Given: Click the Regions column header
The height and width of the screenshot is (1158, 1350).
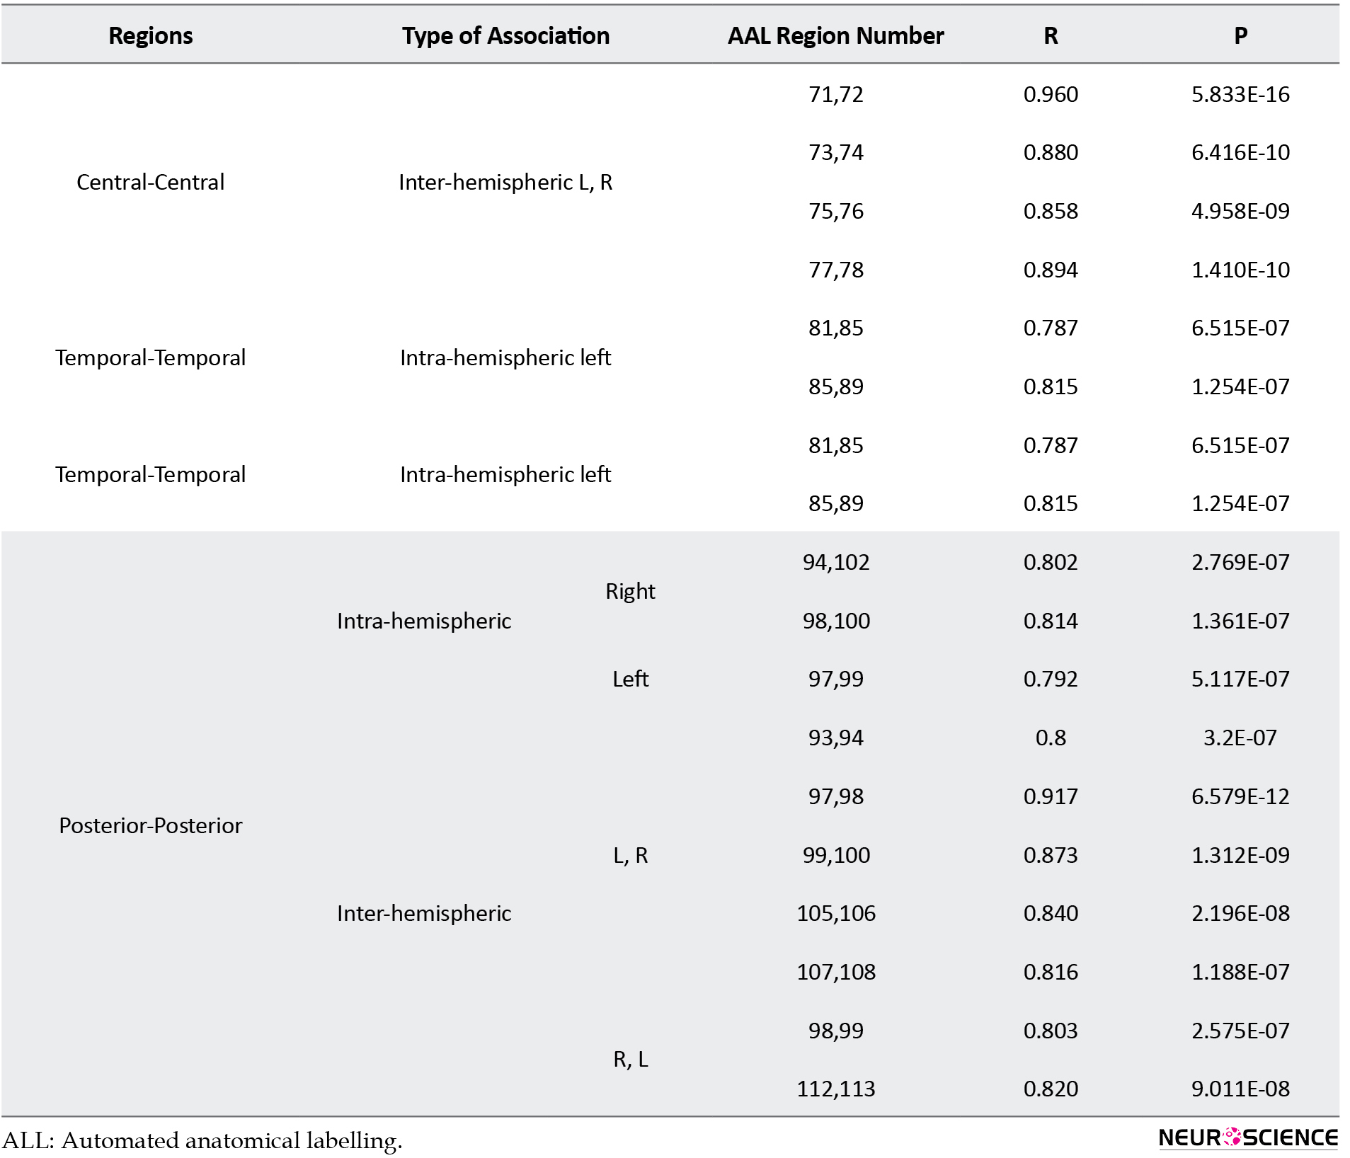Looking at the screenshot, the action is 150,35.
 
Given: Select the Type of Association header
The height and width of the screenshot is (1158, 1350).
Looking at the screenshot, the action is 505,35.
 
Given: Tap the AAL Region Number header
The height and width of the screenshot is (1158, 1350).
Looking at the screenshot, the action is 835,35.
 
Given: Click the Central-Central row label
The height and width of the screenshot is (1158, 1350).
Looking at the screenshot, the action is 150,182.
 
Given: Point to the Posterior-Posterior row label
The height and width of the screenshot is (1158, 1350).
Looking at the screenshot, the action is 150,825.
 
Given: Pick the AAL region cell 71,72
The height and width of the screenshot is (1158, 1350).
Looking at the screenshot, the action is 836,94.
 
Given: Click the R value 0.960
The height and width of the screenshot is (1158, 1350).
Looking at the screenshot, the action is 1051,94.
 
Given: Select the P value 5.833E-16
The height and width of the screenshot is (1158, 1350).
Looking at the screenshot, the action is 1240,94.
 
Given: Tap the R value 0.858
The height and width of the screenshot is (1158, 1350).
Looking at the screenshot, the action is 1051,211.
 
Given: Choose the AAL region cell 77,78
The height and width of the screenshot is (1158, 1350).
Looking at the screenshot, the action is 836,270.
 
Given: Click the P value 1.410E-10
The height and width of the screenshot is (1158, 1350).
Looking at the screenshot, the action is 1240,270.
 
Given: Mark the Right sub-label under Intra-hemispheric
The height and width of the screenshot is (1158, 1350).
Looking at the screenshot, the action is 630,591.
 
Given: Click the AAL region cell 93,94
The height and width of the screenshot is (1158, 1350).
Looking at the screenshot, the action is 836,738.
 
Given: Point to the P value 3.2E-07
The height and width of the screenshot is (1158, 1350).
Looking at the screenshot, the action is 1240,738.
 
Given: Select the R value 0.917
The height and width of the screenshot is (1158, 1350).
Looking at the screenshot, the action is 1051,796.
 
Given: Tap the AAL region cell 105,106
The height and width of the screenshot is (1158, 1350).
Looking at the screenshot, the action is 836,913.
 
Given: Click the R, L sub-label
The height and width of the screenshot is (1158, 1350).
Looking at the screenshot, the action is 630,1059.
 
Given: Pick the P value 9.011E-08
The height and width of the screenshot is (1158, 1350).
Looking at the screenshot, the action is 1240,1089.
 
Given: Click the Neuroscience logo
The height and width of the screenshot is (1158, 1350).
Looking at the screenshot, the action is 1248,1137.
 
